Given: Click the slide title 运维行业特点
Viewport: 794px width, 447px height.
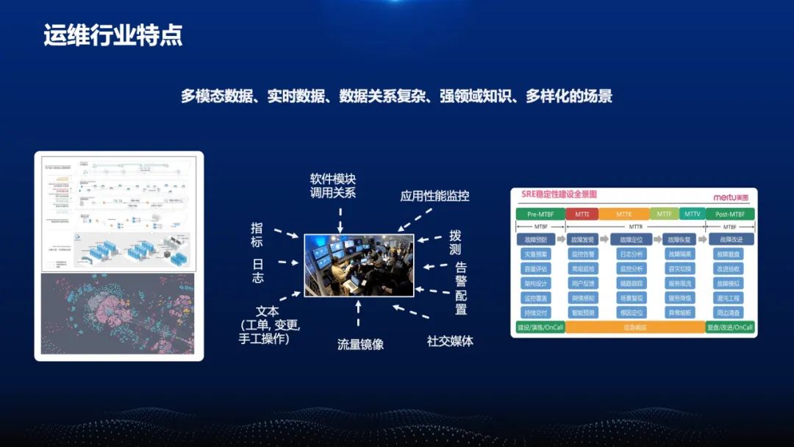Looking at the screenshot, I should click(112, 35).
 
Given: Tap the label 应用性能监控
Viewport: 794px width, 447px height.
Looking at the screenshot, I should click(434, 196).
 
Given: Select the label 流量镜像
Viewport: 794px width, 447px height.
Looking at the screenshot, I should click(360, 344).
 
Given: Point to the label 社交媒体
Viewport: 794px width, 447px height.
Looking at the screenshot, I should click(450, 341).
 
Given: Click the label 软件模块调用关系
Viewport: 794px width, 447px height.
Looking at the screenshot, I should click(333, 186).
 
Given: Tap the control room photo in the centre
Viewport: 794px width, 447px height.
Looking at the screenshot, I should click(359, 265).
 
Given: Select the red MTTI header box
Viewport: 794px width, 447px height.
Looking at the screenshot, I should click(582, 214).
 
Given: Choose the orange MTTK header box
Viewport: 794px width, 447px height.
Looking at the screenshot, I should click(623, 214).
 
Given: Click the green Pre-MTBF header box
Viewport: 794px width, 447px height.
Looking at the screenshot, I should click(540, 214).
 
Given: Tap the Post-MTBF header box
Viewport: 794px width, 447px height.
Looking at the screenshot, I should click(729, 214).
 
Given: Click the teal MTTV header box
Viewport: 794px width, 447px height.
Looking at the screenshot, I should click(692, 214).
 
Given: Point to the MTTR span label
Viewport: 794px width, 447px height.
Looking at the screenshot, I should click(634, 227).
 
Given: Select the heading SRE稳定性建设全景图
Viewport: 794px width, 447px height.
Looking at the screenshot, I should click(560, 196).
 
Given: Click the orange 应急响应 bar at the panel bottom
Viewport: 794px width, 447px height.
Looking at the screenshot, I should click(634, 327).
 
